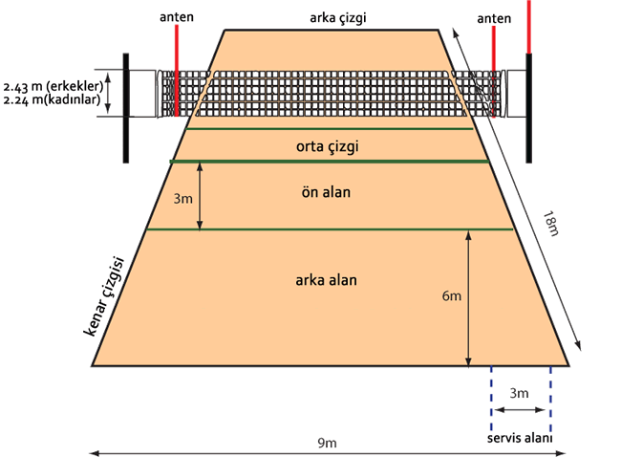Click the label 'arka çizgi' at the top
(338, 16)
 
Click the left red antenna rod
(177, 57)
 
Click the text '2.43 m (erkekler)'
(54, 84)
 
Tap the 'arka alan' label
(323, 280)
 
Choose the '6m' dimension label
(452, 297)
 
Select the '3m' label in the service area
(519, 394)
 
